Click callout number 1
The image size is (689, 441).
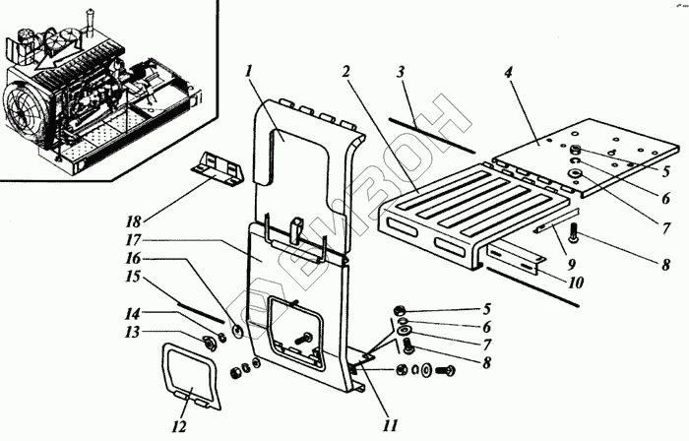(251, 72)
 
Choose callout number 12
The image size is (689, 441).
(178, 426)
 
